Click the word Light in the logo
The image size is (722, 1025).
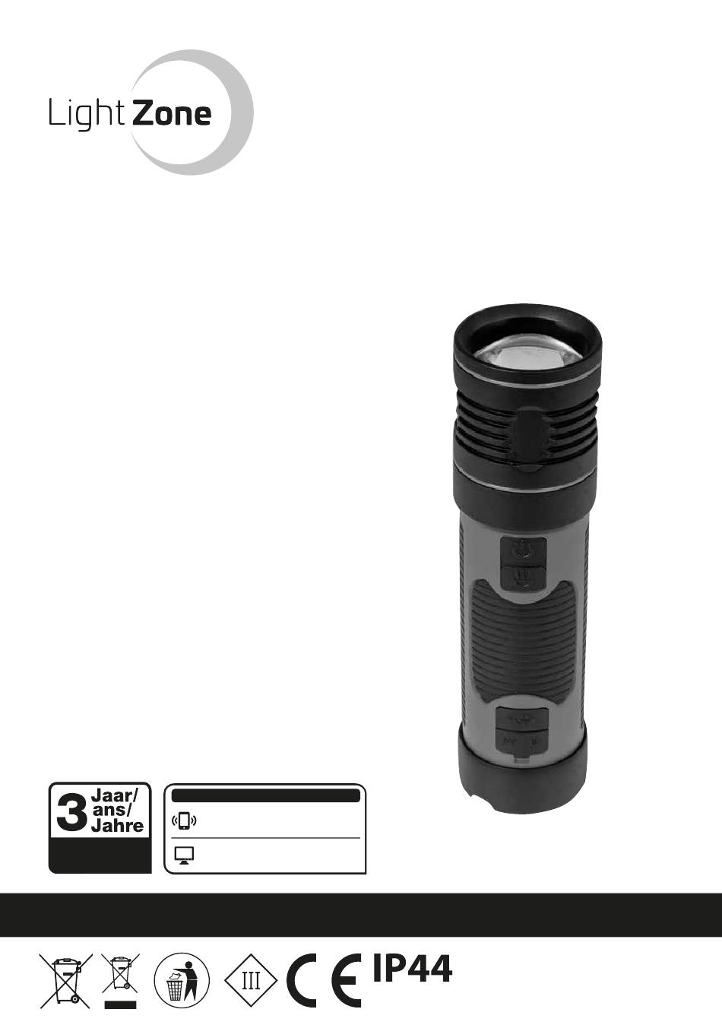coord(87,114)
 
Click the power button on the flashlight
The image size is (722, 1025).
coord(523,551)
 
